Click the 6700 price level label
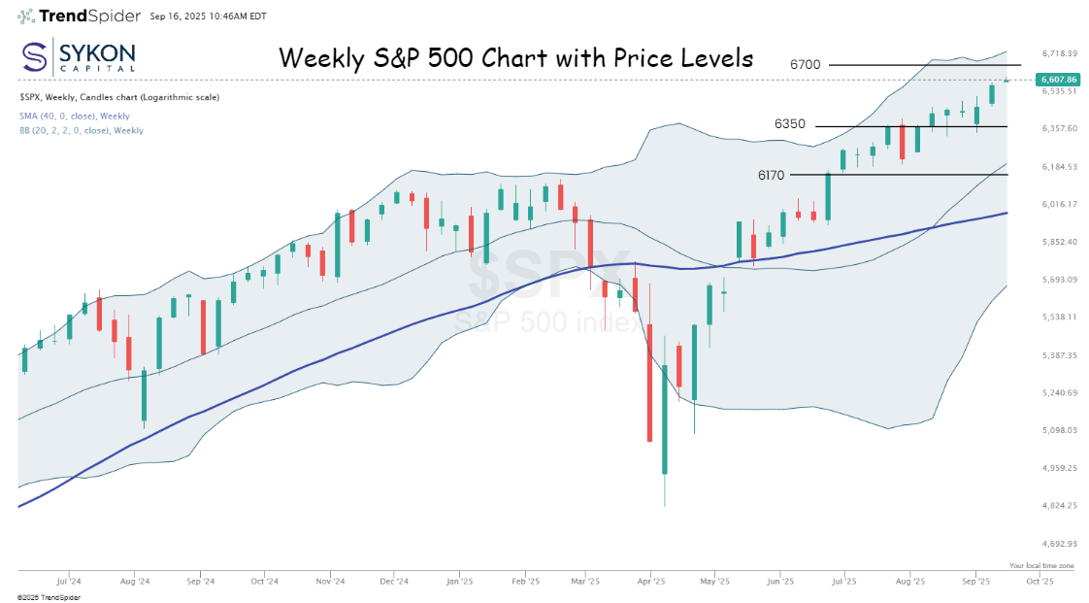[x=806, y=65]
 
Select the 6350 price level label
[x=789, y=124]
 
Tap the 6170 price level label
[x=773, y=176]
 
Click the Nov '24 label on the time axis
[x=331, y=582]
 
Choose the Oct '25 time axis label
[x=1039, y=582]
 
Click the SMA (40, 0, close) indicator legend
[x=74, y=117]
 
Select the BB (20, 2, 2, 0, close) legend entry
[x=81, y=130]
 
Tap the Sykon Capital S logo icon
[x=35, y=57]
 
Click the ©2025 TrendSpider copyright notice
[x=49, y=597]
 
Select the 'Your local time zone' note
[x=1041, y=565]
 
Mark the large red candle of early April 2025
[x=648, y=384]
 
